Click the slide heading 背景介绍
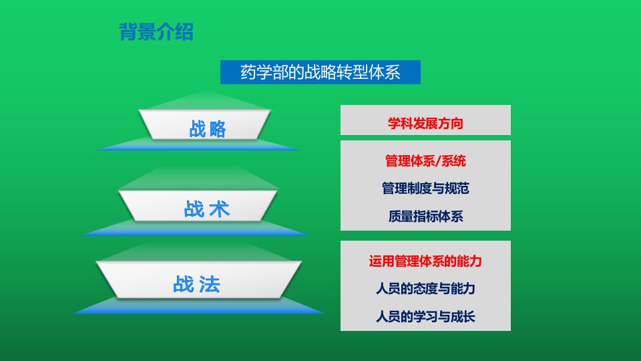(156, 31)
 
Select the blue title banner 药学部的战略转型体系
(320, 72)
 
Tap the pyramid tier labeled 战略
(204, 125)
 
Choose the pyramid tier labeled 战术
(198, 205)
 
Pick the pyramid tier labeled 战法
(199, 279)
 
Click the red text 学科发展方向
(425, 123)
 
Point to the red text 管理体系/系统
(425, 161)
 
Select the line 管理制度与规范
(425, 189)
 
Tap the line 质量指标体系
(425, 216)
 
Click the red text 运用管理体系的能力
(425, 261)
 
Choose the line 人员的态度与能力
(425, 289)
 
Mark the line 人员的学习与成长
(425, 316)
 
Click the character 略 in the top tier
(218, 129)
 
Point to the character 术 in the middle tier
(219, 209)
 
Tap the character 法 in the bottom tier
(209, 284)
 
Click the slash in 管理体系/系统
(438, 161)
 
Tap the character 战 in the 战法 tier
(183, 284)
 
